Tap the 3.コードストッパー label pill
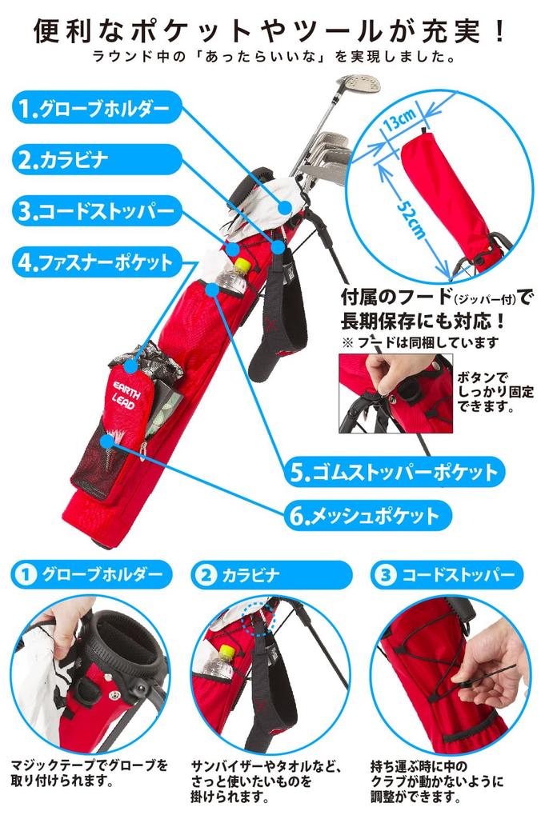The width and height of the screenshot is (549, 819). tap(96, 212)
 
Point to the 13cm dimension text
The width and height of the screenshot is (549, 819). tap(398, 122)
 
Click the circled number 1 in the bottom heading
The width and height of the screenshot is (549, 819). tap(26, 573)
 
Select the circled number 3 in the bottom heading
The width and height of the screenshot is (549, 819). tap(385, 573)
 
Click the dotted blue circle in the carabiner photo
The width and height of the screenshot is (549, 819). tap(258, 620)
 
